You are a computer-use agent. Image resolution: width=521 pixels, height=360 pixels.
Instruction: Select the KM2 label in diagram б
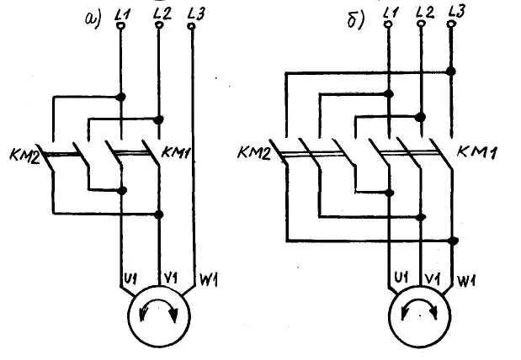254,152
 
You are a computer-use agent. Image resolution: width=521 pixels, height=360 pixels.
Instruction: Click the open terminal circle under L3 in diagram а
193,26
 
